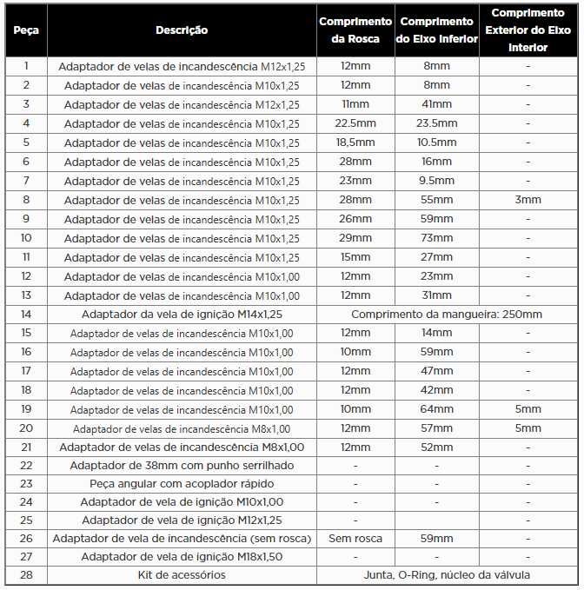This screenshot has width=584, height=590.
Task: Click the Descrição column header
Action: click(x=182, y=30)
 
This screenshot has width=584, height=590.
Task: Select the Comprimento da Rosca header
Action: click(x=355, y=30)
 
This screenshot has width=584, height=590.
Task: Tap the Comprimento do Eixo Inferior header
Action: click(x=437, y=30)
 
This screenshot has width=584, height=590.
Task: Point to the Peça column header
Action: click(x=26, y=30)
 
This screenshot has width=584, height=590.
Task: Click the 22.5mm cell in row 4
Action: click(x=355, y=123)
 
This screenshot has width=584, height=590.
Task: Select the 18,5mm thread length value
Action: click(x=355, y=143)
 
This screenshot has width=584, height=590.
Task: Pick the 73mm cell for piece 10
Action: click(x=437, y=238)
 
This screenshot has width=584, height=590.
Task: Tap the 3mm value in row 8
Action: click(x=528, y=200)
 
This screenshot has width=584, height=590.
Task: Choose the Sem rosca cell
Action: click(x=355, y=539)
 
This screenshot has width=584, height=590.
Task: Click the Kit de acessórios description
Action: click(x=182, y=575)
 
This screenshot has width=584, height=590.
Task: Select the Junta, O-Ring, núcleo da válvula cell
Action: click(x=447, y=575)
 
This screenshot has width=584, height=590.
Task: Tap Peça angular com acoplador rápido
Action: click(x=182, y=483)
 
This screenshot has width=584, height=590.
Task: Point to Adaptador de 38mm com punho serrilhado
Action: click(x=182, y=465)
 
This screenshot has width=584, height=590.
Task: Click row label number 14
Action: click(x=26, y=315)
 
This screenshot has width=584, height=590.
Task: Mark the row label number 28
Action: click(x=26, y=575)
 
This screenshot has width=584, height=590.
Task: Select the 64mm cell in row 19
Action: click(x=437, y=409)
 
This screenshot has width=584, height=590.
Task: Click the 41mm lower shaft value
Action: click(x=437, y=104)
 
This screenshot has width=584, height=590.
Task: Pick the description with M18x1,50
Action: click(x=182, y=557)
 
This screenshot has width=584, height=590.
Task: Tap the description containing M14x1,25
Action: click(x=182, y=315)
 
